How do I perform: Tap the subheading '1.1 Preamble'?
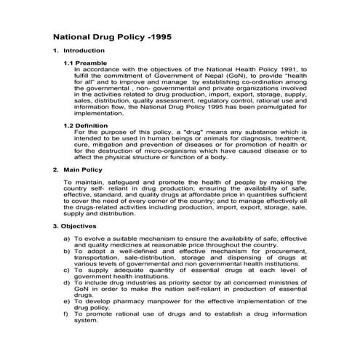86,64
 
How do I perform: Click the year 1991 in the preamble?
293,70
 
